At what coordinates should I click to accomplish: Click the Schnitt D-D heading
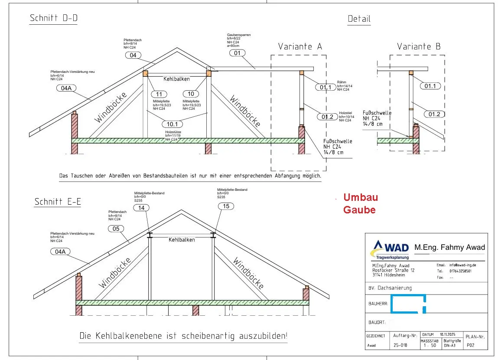pos(53,18)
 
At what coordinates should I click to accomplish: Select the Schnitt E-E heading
pos(58,202)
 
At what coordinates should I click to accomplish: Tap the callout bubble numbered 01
pos(237,53)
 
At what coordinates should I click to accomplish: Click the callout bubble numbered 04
pos(133,55)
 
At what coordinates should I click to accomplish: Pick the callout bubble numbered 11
pos(159,94)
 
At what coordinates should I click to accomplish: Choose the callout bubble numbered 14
pos(141,208)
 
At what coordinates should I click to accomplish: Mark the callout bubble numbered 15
pos(226,206)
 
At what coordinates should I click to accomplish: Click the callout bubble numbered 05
pos(115,229)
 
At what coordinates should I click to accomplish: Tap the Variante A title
pos(300,46)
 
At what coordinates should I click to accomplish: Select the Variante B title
pos(418,46)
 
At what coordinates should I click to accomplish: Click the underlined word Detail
pos(359,19)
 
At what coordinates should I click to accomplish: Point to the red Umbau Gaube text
pos(360,203)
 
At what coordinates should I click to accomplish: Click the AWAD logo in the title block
pos(389,250)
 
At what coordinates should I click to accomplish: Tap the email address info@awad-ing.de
pos(462,265)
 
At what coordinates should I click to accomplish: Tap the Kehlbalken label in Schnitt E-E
pos(182,240)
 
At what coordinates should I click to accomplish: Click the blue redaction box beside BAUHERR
pos(408,304)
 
